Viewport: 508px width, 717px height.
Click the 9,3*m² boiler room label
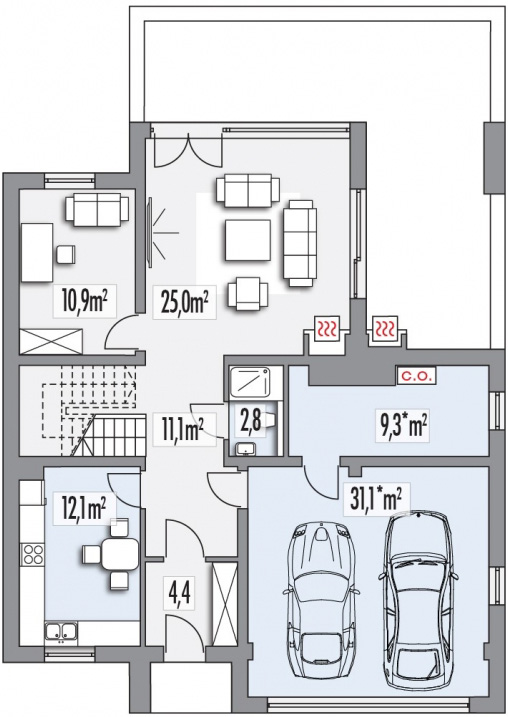[x=402, y=427]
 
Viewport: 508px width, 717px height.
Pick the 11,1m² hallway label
[x=183, y=429]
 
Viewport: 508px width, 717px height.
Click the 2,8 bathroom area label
[x=251, y=420]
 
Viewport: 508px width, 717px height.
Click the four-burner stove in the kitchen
[x=32, y=554]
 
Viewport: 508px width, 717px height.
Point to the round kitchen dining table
[x=120, y=553]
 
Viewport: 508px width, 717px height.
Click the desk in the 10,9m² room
[x=37, y=252]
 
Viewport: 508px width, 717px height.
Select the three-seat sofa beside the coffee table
[x=300, y=243]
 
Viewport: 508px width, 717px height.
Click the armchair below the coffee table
[x=248, y=295]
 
